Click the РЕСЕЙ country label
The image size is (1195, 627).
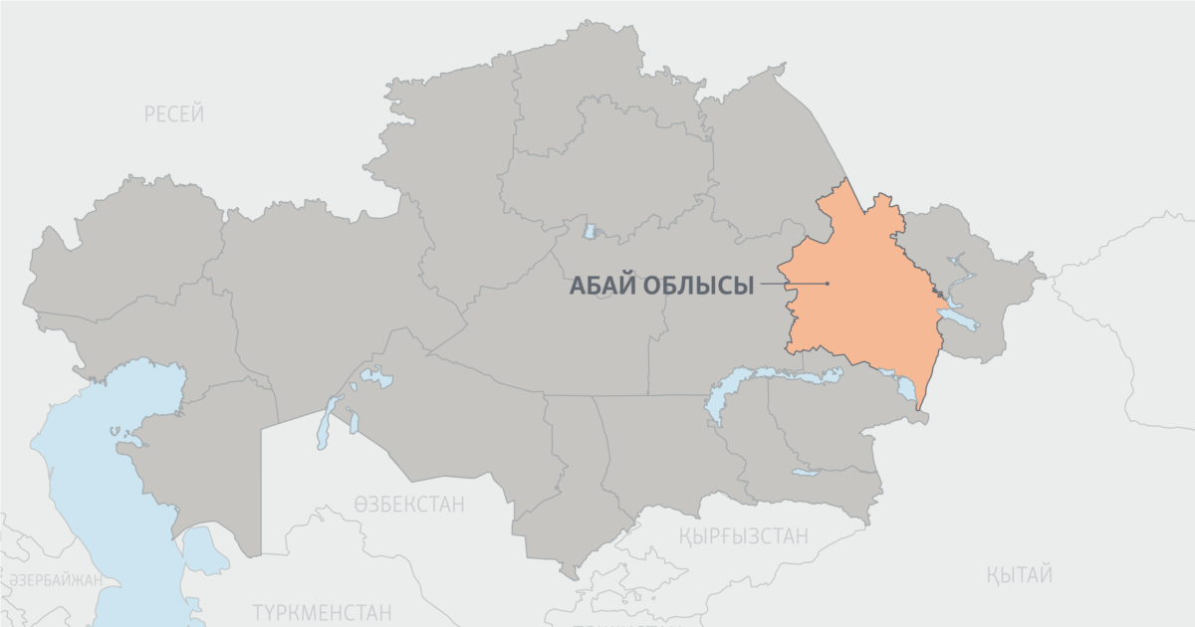pyautogui.click(x=174, y=114)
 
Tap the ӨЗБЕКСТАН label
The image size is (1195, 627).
pyautogui.click(x=408, y=505)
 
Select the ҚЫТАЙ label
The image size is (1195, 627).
pyautogui.click(x=1020, y=574)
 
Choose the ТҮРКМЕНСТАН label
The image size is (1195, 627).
pyautogui.click(x=321, y=612)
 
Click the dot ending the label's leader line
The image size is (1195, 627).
pyautogui.click(x=828, y=284)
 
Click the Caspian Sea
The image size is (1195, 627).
pyautogui.click(x=90, y=498)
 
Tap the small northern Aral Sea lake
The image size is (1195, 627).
pyautogui.click(x=375, y=378)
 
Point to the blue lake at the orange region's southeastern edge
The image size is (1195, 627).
pyautogui.click(x=906, y=388)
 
